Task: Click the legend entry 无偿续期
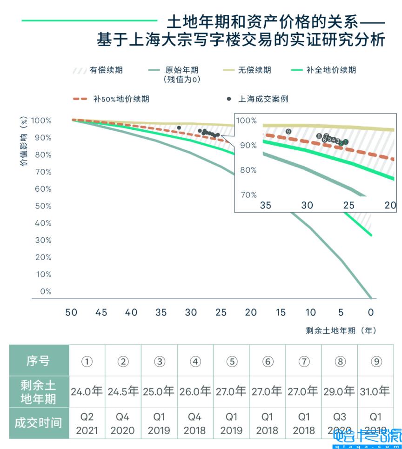click(x=254, y=70)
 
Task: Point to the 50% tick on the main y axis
click(x=42, y=206)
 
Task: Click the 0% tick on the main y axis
click(x=45, y=292)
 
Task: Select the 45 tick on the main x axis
click(x=101, y=313)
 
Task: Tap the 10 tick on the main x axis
click(x=310, y=313)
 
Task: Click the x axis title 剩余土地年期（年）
click(x=341, y=330)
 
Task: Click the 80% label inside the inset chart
click(x=248, y=170)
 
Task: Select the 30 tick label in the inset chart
click(x=307, y=205)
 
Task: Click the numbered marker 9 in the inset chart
click(x=288, y=132)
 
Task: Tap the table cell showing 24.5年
click(x=123, y=391)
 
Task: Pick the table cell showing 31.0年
click(x=375, y=391)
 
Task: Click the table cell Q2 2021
click(x=87, y=423)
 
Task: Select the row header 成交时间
click(x=39, y=423)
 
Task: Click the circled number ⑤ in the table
click(x=231, y=362)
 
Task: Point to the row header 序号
click(x=39, y=361)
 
